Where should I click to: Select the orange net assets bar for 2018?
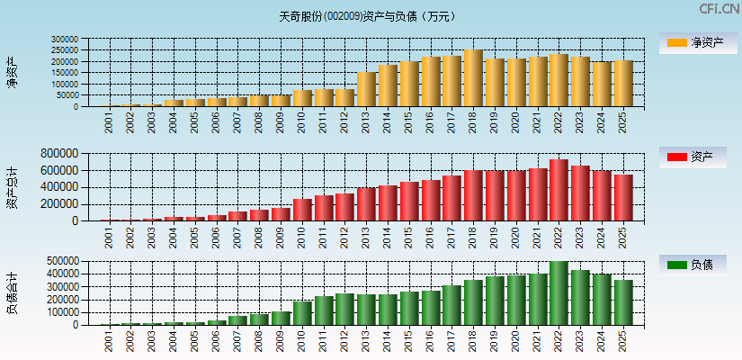(473, 78)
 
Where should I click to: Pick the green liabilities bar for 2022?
(559, 293)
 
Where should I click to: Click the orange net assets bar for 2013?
(366, 89)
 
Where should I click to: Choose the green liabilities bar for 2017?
(451, 305)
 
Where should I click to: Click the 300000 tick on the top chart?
(65, 40)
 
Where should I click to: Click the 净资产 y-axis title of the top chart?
(12, 72)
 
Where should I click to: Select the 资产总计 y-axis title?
(12, 186)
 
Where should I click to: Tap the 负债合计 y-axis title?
(12, 292)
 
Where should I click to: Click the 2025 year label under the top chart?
(622, 121)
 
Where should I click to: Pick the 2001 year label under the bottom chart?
(109, 339)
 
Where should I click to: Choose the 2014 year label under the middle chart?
(388, 236)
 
